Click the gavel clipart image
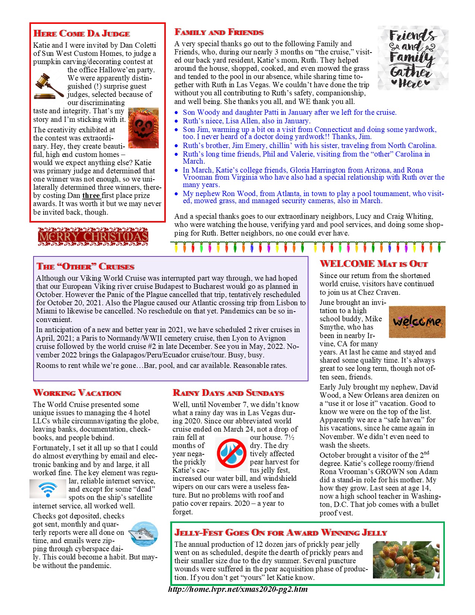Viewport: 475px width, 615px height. [x=49, y=86]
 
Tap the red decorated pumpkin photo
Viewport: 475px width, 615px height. [x=143, y=128]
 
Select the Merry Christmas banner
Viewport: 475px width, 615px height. [x=93, y=237]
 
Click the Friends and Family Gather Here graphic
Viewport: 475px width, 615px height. [x=412, y=58]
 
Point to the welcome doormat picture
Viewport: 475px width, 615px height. [x=417, y=322]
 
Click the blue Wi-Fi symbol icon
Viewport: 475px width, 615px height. [x=48, y=489]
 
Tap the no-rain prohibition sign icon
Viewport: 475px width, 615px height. [x=231, y=453]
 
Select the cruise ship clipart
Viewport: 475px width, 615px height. [x=143, y=534]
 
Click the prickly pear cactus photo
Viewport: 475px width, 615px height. [x=406, y=560]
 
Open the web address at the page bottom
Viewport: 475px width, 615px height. [x=238, y=589]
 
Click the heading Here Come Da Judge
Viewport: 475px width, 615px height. [x=82, y=34]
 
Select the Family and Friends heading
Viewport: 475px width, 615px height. [x=219, y=32]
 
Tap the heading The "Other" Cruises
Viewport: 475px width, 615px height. [x=85, y=266]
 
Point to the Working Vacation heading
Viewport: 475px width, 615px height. [x=77, y=393]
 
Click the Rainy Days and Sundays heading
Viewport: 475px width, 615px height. [x=228, y=393]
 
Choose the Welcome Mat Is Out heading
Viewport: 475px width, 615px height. [x=373, y=264]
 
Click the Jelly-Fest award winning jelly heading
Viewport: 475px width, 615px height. [x=281, y=532]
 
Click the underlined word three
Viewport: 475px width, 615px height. [x=91, y=196]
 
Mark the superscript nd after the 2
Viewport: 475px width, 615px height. [x=426, y=453]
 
